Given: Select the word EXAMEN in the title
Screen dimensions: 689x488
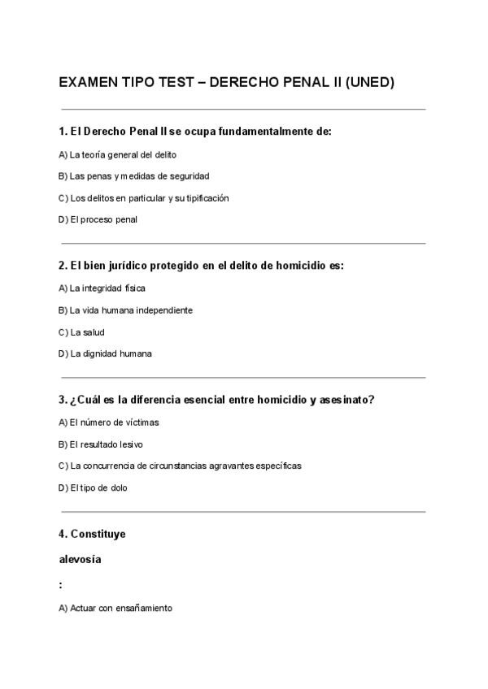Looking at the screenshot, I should point(88,83).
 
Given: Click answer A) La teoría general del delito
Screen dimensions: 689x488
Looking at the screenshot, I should point(118,154).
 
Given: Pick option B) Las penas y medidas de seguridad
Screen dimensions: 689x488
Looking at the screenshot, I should point(134,175).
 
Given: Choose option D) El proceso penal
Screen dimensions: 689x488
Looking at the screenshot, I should point(98,219).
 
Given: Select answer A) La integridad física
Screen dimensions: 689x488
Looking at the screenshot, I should point(102,288).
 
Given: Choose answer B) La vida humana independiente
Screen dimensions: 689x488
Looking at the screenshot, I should point(126,310).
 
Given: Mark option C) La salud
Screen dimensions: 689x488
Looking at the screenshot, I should point(82,331).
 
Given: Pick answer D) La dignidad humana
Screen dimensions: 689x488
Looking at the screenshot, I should point(106,353).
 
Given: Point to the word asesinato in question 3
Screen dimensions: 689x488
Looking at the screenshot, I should point(346,400).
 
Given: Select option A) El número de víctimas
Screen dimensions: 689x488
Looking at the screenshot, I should point(109,422).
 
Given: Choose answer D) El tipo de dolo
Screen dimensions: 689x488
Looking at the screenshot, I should point(94,487).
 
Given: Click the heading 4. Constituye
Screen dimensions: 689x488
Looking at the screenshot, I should point(92,534).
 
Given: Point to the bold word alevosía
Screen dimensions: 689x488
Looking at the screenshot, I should point(81,560).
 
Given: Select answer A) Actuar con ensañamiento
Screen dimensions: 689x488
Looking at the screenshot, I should point(115,608).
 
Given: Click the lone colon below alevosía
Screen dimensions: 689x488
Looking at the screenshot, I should point(61,584).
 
